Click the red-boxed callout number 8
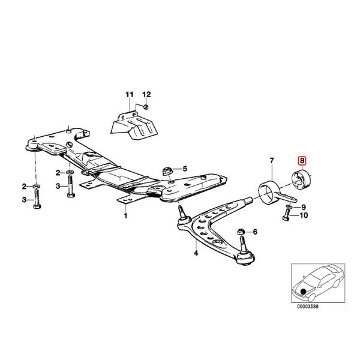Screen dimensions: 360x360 click(x=302, y=161)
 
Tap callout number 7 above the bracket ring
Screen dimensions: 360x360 click(x=272, y=161)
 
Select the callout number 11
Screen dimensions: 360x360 click(x=129, y=94)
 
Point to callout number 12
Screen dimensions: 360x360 click(x=147, y=94)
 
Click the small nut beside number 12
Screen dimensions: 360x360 click(x=145, y=107)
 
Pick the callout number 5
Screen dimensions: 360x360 click(x=185, y=169)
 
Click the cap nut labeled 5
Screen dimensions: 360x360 click(x=167, y=172)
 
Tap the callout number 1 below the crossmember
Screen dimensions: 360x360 click(x=125, y=216)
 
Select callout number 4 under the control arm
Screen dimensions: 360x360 click(x=196, y=253)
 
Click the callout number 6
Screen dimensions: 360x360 click(x=255, y=232)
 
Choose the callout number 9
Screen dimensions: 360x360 click(x=304, y=208)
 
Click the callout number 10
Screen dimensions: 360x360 click(x=304, y=215)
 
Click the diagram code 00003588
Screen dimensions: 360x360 click(x=308, y=307)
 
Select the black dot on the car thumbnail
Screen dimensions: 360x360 click(x=303, y=292)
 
